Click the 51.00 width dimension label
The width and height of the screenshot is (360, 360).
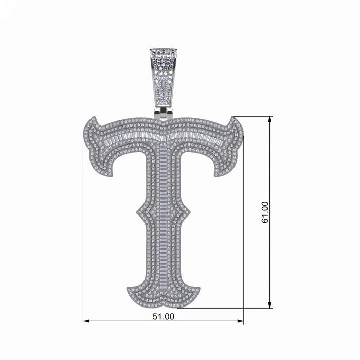pyautogui.click(x=163, y=317)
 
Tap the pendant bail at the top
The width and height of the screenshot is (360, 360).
pyautogui.click(x=163, y=77)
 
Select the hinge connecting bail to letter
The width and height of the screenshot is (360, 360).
pyautogui.click(x=163, y=113)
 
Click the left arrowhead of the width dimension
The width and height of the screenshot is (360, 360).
pyautogui.click(x=85, y=321)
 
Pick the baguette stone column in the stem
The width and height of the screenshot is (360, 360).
pyautogui.click(x=164, y=221)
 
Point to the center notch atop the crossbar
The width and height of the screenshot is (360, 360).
pyautogui.click(x=163, y=122)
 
